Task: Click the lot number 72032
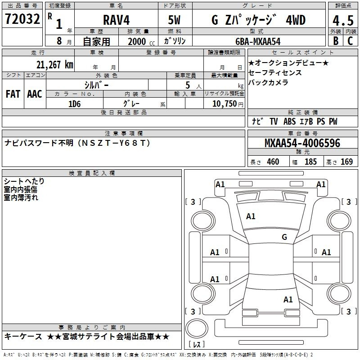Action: [x=22, y=19]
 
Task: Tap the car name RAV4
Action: [x=116, y=20]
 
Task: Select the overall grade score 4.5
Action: [x=343, y=20]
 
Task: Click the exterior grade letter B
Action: [x=336, y=41]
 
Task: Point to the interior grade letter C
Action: [x=350, y=41]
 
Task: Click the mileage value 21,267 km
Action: [x=55, y=65]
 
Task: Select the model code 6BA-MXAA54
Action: [x=258, y=41]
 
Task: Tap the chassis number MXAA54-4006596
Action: [x=302, y=143]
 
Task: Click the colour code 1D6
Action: [x=75, y=104]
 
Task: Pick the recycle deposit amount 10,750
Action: [x=225, y=103]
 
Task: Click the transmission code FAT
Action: [x=13, y=94]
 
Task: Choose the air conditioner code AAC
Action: [x=35, y=94]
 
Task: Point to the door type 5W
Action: [x=174, y=20]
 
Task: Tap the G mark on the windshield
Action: [x=284, y=237]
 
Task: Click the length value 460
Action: [x=273, y=162]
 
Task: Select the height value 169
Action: [x=346, y=162]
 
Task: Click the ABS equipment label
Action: [x=289, y=121]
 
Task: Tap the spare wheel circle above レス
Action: [x=197, y=328]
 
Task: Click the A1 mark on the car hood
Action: [x=251, y=216]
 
